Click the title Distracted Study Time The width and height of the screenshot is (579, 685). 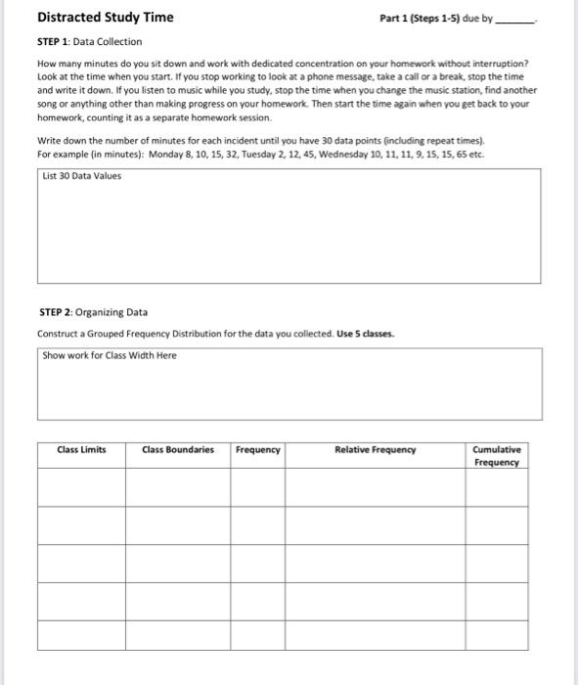pos(105,17)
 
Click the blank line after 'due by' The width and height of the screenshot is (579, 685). pos(516,19)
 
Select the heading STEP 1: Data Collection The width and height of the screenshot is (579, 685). pos(89,41)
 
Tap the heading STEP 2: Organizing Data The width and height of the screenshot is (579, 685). pos(93,312)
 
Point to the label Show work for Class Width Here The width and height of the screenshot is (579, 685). pos(110,355)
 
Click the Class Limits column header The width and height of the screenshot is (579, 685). pos(81,450)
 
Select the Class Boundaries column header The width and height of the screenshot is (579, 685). pos(177,450)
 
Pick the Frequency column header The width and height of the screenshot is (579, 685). pos(258,450)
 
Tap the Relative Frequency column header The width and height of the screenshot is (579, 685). pos(375,450)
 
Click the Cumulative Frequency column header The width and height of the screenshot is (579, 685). pos(497,456)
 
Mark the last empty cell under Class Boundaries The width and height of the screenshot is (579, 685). pos(177,635)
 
